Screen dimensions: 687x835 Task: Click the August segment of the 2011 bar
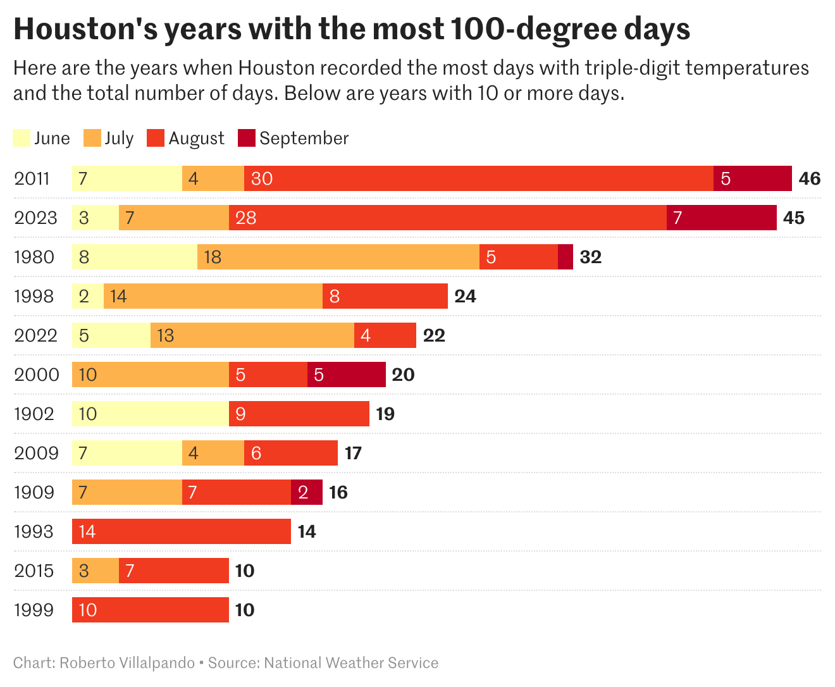pyautogui.click(x=479, y=178)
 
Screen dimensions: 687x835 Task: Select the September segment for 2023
pyautogui.click(x=721, y=218)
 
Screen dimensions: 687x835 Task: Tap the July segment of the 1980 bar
pyautogui.click(x=338, y=257)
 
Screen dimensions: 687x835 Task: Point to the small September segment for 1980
pyautogui.click(x=566, y=257)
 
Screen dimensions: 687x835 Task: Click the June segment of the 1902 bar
pyautogui.click(x=150, y=414)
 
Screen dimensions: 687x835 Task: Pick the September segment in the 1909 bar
pyautogui.click(x=306, y=492)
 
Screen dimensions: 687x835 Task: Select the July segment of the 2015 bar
pyautogui.click(x=95, y=571)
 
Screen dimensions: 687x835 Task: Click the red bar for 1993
pyautogui.click(x=181, y=531)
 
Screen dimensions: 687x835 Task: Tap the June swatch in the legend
pyautogui.click(x=22, y=138)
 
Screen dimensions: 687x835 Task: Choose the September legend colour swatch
pyautogui.click(x=246, y=138)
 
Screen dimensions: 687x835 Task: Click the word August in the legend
pyautogui.click(x=196, y=139)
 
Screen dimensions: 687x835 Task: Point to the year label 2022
pyautogui.click(x=36, y=335)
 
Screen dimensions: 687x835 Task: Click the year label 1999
pyautogui.click(x=34, y=610)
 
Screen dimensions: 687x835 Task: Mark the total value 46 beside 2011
pyautogui.click(x=809, y=178)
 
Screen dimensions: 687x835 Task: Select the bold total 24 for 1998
pyautogui.click(x=465, y=296)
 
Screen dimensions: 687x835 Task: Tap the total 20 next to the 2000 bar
pyautogui.click(x=403, y=374)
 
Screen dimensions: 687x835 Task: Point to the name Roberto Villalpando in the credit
pyautogui.click(x=127, y=663)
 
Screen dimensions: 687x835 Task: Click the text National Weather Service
pyautogui.click(x=351, y=663)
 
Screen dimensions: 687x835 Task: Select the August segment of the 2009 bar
pyautogui.click(x=290, y=453)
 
